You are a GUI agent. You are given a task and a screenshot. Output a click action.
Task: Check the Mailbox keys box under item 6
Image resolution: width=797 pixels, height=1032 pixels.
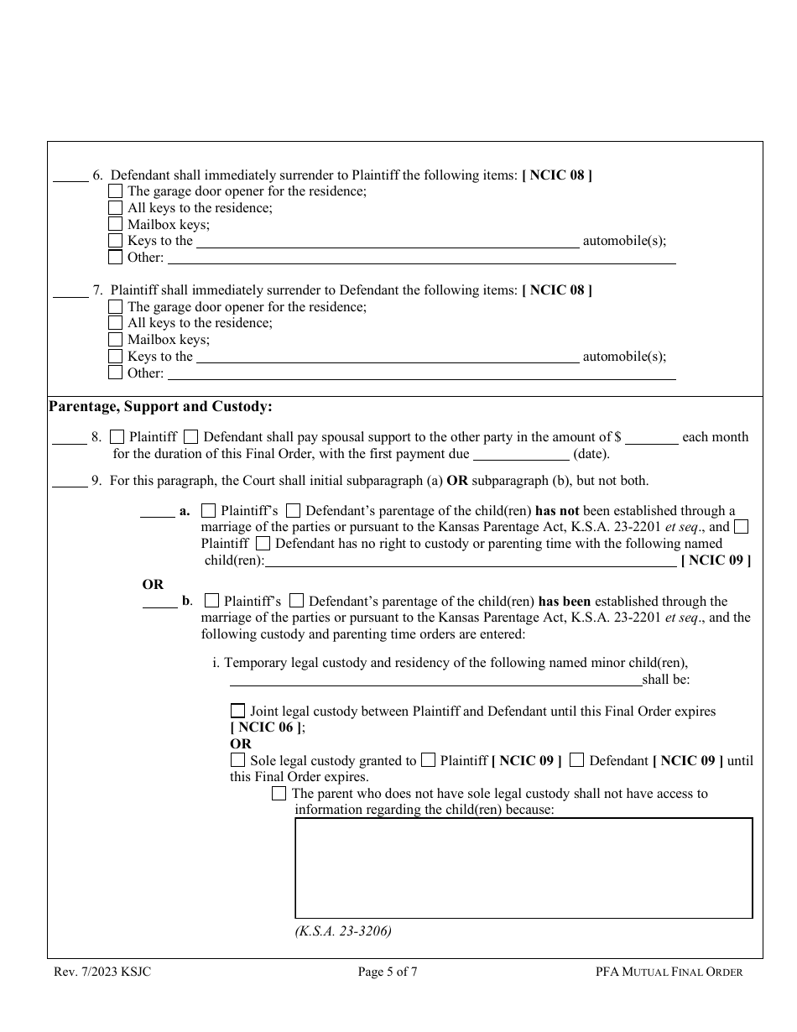[116, 224]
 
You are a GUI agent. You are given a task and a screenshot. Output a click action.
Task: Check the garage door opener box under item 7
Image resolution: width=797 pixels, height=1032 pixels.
[116, 306]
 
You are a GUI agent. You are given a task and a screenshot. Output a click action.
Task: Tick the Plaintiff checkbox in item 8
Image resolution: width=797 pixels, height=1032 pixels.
[117, 436]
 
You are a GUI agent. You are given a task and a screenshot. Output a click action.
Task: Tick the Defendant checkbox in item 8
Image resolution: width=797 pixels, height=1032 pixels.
[191, 436]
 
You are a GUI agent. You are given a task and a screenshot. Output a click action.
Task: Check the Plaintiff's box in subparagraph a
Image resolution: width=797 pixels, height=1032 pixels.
[209, 510]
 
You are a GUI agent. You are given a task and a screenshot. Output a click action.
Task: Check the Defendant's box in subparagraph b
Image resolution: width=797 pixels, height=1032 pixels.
[296, 601]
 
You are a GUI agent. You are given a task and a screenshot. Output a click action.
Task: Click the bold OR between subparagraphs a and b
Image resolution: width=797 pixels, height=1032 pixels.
[154, 584]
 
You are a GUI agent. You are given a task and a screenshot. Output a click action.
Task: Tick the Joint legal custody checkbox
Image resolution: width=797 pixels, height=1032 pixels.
[238, 711]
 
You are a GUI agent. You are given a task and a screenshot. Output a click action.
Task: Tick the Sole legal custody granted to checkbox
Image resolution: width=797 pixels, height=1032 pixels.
[238, 760]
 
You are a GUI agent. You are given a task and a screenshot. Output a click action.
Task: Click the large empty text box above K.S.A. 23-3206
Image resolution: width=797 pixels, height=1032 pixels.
[524, 868]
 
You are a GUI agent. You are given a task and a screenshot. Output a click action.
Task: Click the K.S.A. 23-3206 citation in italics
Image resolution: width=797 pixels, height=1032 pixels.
[343, 930]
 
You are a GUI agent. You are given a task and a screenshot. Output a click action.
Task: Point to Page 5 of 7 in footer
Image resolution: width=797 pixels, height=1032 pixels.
[388, 972]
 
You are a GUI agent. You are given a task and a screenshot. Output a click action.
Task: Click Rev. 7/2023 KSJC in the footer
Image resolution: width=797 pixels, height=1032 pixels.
[102, 972]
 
